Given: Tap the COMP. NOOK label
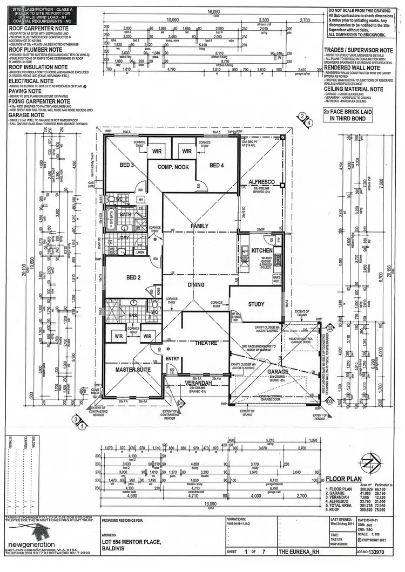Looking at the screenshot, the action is tap(173, 167).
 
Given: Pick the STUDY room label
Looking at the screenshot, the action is tap(256, 304).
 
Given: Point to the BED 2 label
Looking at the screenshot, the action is tap(132, 278).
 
